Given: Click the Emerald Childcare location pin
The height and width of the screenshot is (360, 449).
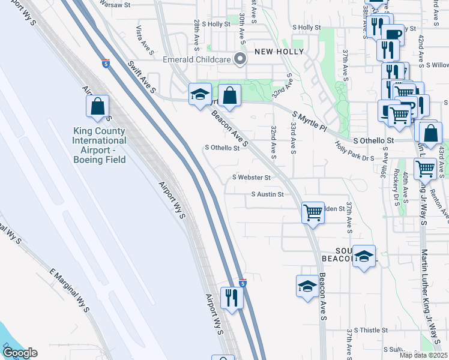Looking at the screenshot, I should tap(241, 59).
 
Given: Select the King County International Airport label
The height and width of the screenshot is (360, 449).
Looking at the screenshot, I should tap(99, 145).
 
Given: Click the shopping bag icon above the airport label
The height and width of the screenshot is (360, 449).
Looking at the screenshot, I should tap(97, 107).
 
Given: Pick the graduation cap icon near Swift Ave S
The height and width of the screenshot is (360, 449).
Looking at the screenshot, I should tap(200, 94).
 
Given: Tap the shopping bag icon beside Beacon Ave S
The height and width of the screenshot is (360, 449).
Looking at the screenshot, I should tap(229, 95).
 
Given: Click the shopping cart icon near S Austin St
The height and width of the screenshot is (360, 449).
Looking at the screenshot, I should tap(313, 212).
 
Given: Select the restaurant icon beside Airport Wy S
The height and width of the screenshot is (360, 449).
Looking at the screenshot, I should tap(231, 297).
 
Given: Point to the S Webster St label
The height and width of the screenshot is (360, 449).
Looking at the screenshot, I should tap(252, 178).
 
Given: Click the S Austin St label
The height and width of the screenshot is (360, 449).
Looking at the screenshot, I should tap(267, 194).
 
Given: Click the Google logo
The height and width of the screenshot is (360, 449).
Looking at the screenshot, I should tap(19, 353).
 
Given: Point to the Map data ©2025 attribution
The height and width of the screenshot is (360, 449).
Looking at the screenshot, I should tap(424, 355).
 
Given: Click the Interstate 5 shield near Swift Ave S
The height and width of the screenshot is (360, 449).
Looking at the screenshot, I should tap(106, 62).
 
